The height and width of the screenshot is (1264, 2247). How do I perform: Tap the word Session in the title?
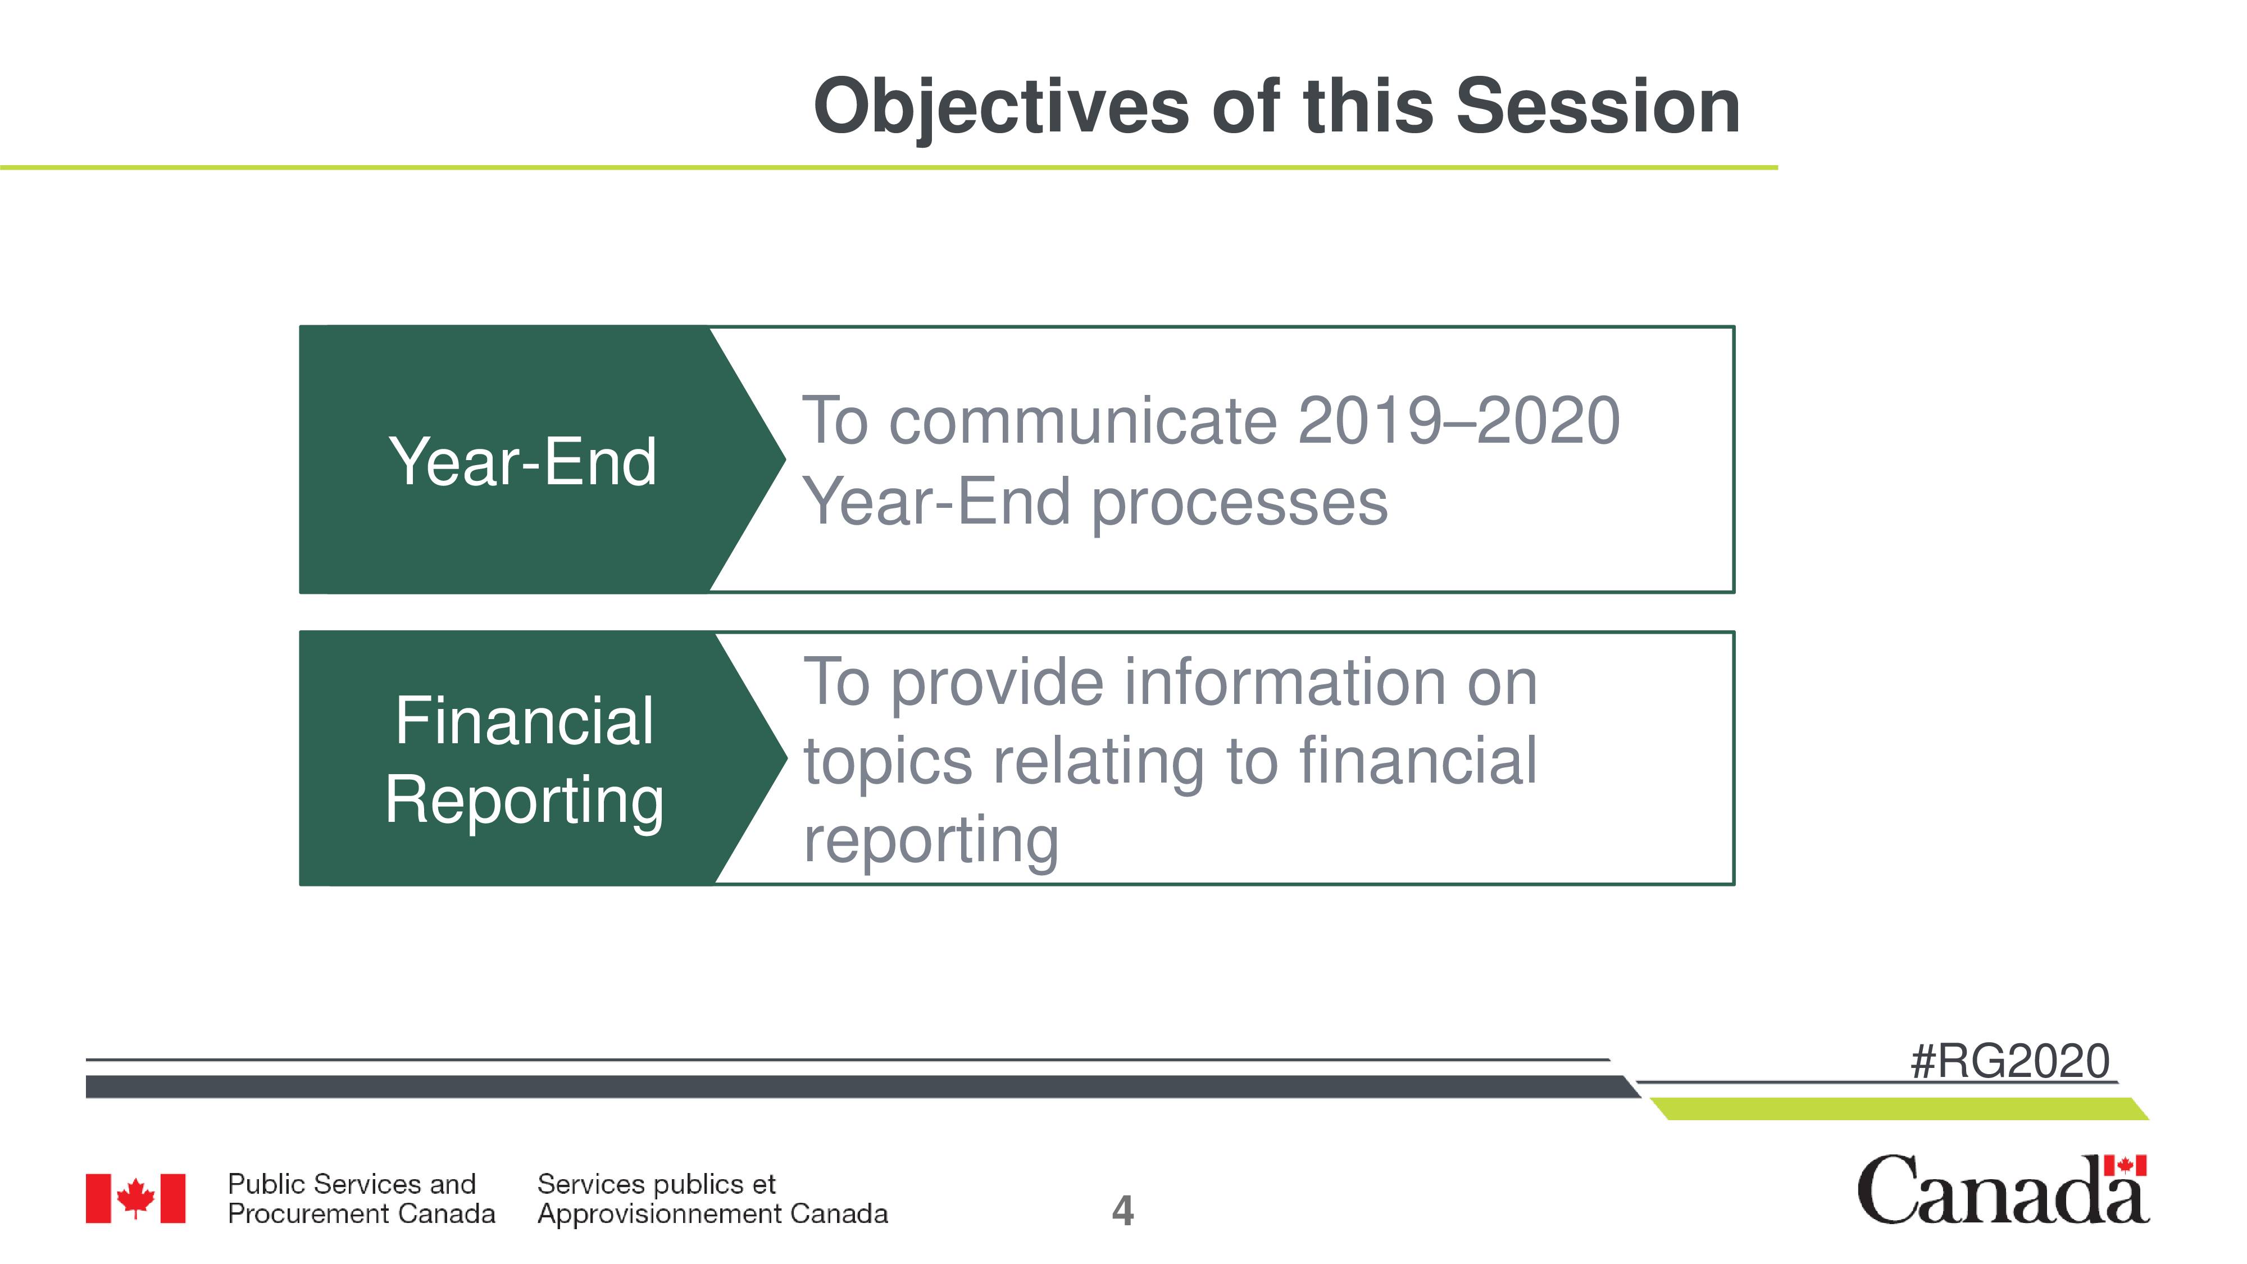1598,106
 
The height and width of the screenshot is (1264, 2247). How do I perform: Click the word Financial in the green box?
524,721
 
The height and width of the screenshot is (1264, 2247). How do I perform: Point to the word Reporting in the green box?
524,801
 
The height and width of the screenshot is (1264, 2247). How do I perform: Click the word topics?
887,762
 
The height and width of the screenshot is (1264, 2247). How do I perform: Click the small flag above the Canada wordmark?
2125,1166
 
